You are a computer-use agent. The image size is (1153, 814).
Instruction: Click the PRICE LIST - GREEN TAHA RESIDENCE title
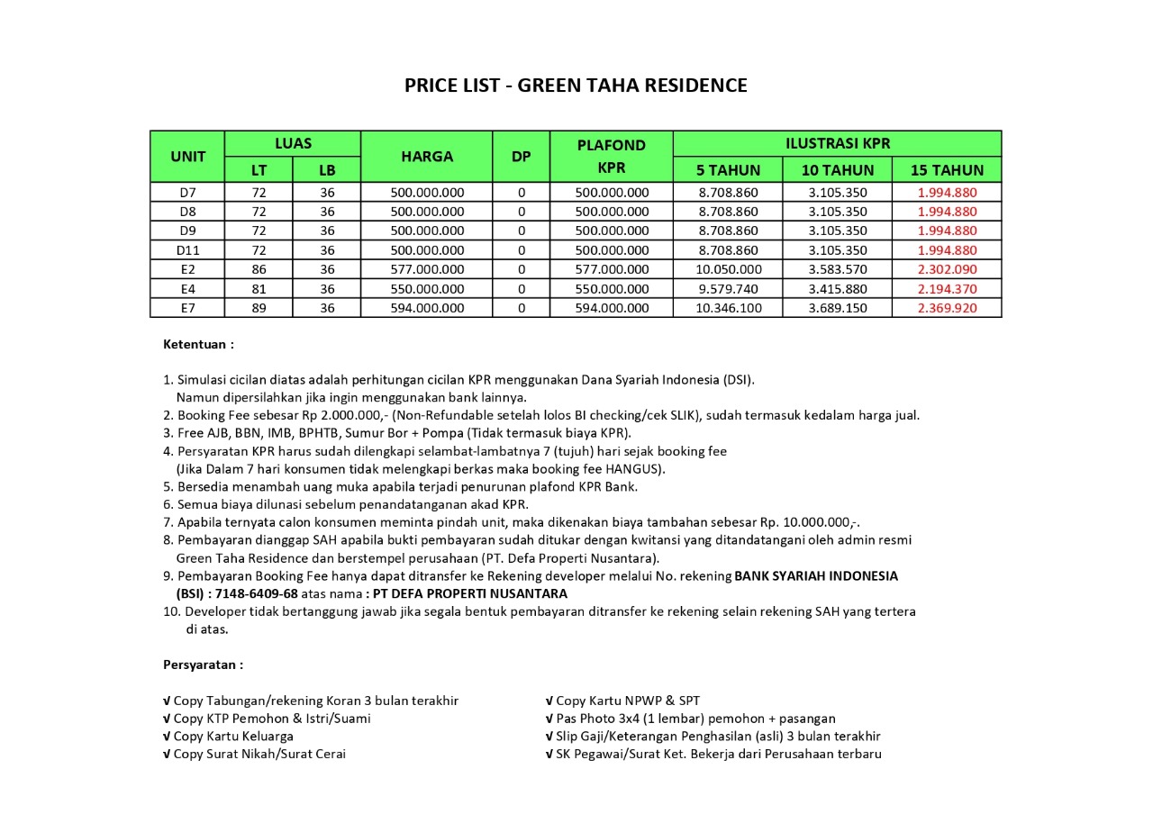(576, 86)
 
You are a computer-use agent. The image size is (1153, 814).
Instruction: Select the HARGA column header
(427, 156)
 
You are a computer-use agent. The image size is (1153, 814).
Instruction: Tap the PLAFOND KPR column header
(612, 156)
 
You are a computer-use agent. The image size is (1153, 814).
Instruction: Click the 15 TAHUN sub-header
(947, 169)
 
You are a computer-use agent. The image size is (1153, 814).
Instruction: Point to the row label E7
(187, 308)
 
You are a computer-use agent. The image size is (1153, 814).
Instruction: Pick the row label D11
(187, 249)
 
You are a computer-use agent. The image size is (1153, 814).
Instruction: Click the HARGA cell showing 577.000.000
(427, 269)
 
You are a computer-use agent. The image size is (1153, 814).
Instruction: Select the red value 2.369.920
(947, 308)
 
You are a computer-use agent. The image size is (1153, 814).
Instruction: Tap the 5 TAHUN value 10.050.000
(728, 269)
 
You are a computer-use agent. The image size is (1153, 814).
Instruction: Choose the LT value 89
(259, 308)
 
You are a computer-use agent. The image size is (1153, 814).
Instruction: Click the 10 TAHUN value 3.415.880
(838, 289)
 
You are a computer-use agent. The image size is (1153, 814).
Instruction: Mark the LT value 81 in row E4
(259, 289)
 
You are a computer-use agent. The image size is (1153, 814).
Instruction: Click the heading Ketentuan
(198, 344)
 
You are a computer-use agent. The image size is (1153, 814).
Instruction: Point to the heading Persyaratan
(203, 665)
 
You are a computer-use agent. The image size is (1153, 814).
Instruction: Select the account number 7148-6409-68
(257, 593)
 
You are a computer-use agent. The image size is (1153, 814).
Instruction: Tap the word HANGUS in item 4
(634, 468)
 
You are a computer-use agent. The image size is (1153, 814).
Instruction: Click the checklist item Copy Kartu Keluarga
(228, 736)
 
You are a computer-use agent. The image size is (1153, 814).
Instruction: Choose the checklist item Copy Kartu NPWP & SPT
(622, 701)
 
